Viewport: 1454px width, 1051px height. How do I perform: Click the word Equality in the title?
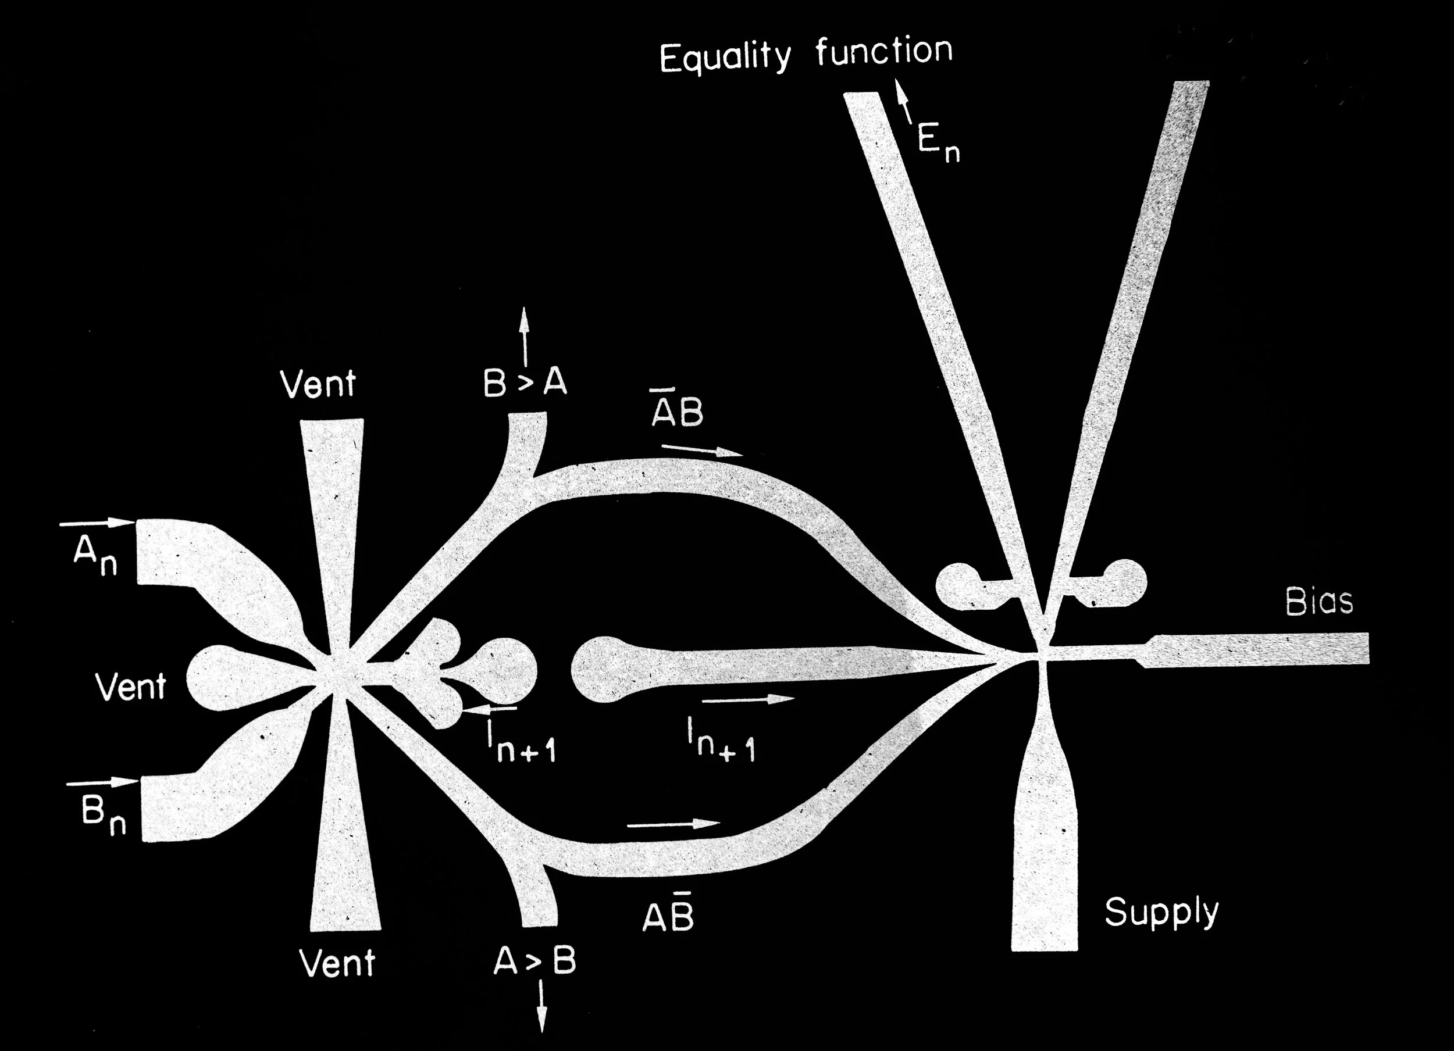coord(725,58)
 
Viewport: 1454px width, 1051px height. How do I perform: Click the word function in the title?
coord(884,51)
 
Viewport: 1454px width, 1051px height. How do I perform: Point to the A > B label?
coord(534,961)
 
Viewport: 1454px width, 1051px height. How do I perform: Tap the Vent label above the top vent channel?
coord(318,384)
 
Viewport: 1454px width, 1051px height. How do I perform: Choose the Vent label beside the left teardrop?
coord(131,687)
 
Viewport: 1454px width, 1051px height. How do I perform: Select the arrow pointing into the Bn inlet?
coord(102,782)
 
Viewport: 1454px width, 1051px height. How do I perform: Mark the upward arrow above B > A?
coord(525,336)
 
